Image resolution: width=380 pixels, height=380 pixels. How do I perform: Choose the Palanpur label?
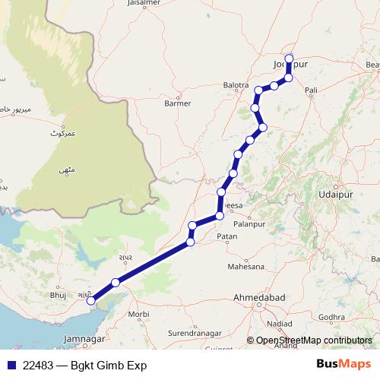[252, 223]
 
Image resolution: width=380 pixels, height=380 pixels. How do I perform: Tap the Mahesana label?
[246, 267]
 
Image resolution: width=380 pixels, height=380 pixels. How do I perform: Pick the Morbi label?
[138, 313]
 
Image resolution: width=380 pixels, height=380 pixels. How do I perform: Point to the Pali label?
[310, 90]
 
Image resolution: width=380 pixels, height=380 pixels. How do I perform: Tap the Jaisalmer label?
[133, 3]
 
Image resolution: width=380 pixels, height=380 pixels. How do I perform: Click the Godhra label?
[332, 316]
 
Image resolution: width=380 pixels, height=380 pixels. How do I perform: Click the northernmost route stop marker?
[289, 58]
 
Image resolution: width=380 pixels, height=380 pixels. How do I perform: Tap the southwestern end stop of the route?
[91, 301]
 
